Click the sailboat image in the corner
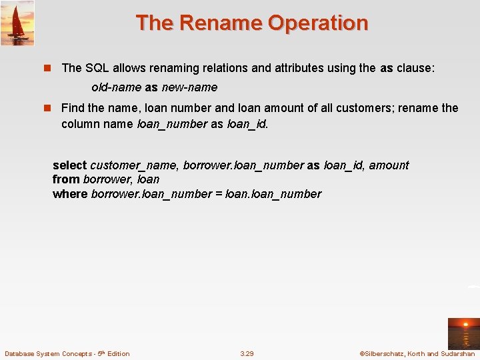(17, 23)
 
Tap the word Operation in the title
(317, 23)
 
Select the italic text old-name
(116, 87)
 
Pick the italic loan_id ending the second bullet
(247, 125)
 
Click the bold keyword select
(69, 165)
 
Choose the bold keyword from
(66, 179)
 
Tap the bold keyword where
(70, 194)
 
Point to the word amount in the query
(389, 165)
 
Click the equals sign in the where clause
(219, 194)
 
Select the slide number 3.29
(247, 353)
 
